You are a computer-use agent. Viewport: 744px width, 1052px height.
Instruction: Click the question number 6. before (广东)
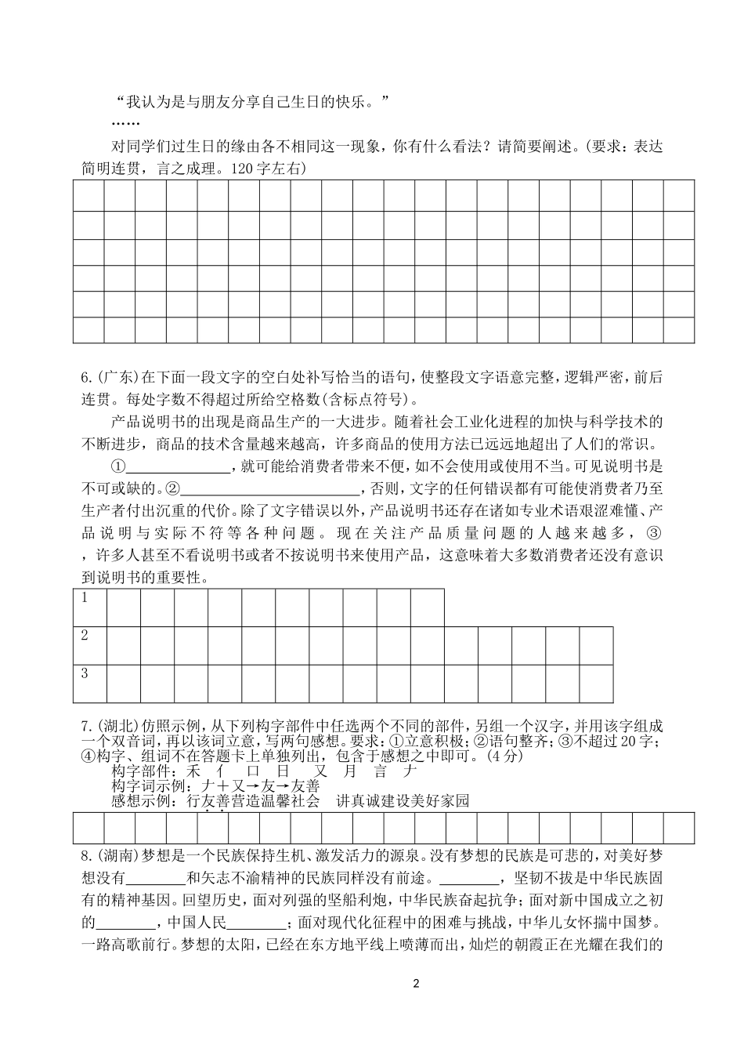tap(86, 378)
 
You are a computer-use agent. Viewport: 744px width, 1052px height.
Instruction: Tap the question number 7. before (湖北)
tap(86, 724)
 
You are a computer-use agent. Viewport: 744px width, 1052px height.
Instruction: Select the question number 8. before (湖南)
tap(86, 854)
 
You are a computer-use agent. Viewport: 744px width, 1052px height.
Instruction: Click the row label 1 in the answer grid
tap(85, 598)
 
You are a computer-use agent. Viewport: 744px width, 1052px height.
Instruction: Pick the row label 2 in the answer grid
tap(85, 636)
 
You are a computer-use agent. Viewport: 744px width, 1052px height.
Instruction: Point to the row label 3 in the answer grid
tap(85, 673)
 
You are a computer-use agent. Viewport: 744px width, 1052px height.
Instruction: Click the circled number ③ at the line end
tap(656, 533)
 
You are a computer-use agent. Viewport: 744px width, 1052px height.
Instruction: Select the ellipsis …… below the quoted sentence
tap(125, 123)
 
